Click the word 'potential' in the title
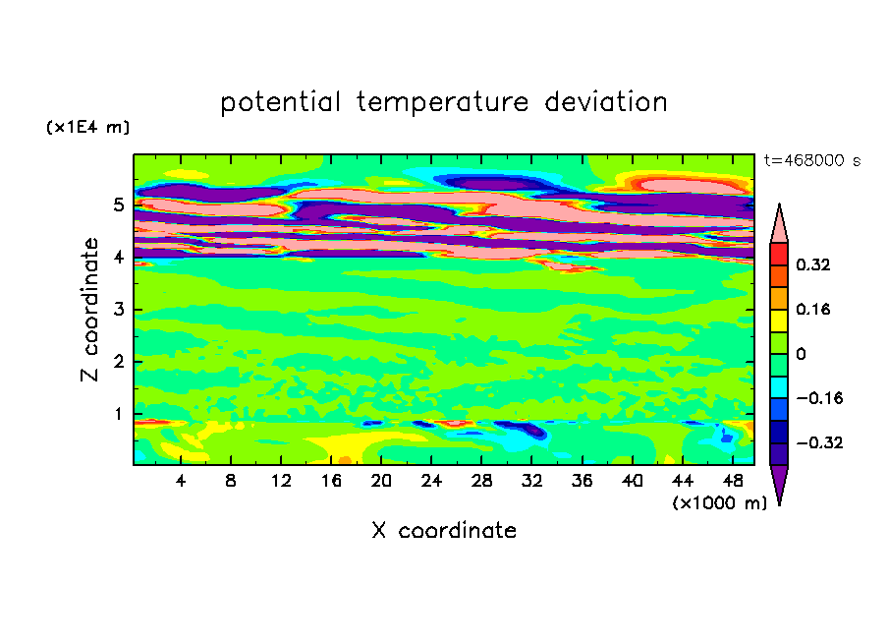tap(280, 102)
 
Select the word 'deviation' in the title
tap(606, 101)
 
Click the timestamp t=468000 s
tap(812, 160)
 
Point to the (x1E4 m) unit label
tap(87, 127)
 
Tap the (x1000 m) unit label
tap(719, 503)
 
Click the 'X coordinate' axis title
tap(444, 531)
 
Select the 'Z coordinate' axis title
tap(89, 310)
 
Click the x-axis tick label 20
tap(381, 482)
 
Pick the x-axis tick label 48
tap(733, 482)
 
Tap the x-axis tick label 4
tap(181, 482)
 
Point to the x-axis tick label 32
tap(531, 482)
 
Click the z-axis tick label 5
tap(118, 205)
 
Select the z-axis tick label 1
tap(118, 414)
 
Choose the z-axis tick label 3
tap(118, 310)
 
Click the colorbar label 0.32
tap(813, 264)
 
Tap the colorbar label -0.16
tap(819, 398)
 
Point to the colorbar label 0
tap(801, 354)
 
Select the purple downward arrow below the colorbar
tap(779, 483)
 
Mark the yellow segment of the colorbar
tap(779, 321)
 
